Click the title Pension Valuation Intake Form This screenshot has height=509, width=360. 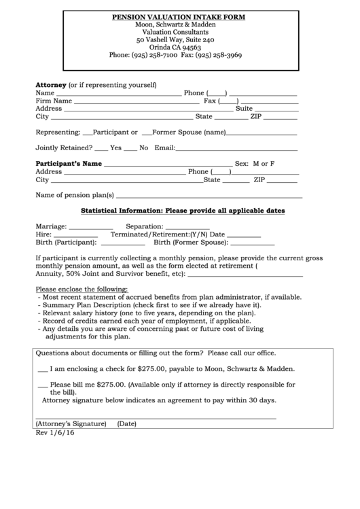(x=179, y=16)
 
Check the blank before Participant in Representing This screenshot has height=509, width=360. (x=86, y=134)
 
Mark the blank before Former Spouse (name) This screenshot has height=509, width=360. (x=145, y=134)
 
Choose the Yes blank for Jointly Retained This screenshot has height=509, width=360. (x=101, y=149)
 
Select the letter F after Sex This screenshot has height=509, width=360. (x=272, y=164)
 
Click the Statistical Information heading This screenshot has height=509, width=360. (x=183, y=211)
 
